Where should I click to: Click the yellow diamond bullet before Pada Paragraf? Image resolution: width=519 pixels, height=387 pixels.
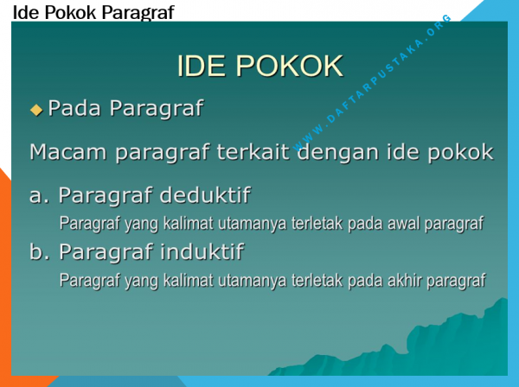pyautogui.click(x=36, y=110)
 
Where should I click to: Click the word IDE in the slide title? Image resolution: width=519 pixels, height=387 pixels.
pyautogui.click(x=202, y=66)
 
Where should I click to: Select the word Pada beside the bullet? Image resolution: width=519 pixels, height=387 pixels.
pyautogui.click(x=74, y=108)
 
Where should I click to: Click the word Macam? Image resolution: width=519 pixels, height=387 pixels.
pyautogui.click(x=67, y=152)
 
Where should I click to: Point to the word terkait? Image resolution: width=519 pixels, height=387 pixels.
pyautogui.click(x=253, y=152)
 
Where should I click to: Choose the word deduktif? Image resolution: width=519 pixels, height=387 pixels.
pyautogui.click(x=205, y=195)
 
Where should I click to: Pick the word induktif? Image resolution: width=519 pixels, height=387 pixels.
pyautogui.click(x=202, y=252)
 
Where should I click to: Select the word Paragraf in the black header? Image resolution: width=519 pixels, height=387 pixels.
pyautogui.click(x=138, y=13)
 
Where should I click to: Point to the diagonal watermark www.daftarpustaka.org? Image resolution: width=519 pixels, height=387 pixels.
pyautogui.click(x=372, y=83)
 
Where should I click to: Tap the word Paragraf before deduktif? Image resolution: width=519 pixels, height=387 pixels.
pyautogui.click(x=106, y=196)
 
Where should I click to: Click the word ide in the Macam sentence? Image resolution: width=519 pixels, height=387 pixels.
pyautogui.click(x=402, y=152)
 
